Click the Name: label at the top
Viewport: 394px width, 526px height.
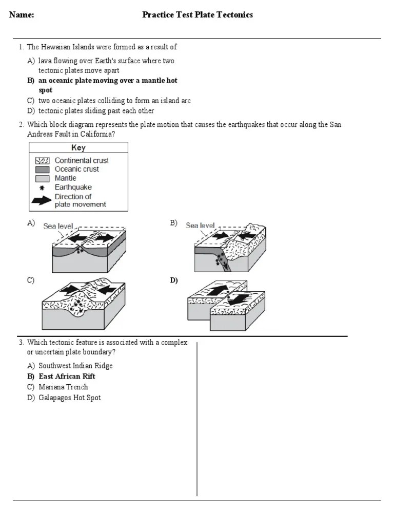[22, 15]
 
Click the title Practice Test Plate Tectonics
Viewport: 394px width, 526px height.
[198, 15]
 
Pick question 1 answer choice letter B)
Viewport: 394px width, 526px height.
[31, 81]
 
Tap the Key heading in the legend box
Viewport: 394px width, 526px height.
[78, 148]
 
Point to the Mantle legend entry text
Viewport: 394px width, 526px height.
[65, 178]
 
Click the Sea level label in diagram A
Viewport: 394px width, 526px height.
[58, 226]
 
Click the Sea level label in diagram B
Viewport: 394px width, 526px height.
[200, 226]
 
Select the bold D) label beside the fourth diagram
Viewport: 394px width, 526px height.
[174, 280]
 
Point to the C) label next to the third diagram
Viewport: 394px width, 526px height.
[31, 280]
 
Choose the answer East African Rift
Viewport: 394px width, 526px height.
[67, 377]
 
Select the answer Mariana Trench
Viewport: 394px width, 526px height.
[63, 387]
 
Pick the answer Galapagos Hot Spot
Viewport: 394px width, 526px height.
[69, 398]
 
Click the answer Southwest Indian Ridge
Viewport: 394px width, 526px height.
[75, 366]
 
